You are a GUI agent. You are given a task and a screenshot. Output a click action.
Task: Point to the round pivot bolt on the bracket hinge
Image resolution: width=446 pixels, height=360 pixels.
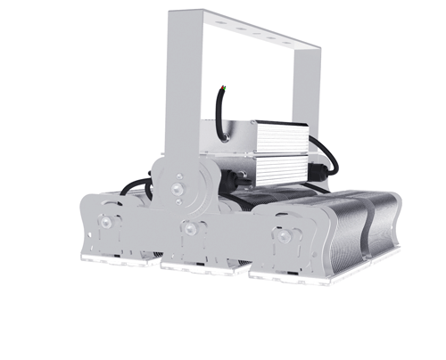(x=178, y=189)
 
